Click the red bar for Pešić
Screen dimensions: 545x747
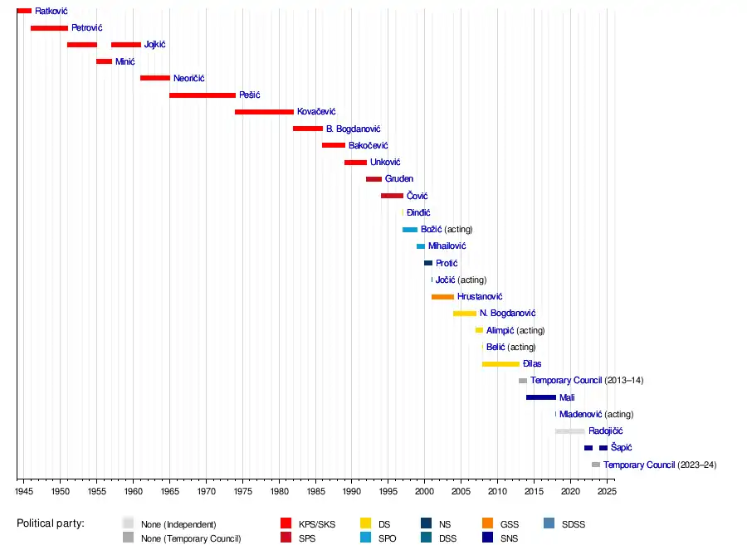203,95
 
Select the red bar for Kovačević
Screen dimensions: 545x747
264,112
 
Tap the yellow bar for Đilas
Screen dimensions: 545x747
500,364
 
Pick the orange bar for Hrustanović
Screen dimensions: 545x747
442,297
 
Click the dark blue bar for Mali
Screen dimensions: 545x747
540,397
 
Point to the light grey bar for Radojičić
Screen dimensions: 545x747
570,431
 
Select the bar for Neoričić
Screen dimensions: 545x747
155,78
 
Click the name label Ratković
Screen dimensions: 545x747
51,11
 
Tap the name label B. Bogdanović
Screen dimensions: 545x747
353,129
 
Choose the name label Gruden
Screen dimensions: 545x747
399,179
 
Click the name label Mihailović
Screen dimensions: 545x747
447,246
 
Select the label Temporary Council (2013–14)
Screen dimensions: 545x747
587,381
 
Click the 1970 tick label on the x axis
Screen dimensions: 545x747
206,491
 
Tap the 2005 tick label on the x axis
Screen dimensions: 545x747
461,491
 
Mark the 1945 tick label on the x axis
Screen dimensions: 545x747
24,491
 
